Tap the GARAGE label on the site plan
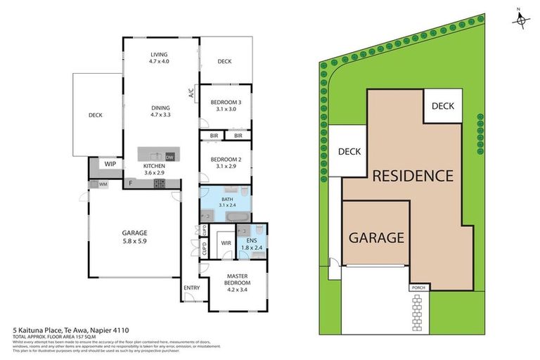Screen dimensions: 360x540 376,237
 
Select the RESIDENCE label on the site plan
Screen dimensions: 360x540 412,176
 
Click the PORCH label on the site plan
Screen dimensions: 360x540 418,288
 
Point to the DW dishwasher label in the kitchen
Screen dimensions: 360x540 169,156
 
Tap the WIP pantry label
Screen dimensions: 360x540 110,163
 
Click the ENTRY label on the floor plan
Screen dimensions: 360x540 192,288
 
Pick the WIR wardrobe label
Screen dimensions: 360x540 226,244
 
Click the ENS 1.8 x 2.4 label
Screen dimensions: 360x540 251,244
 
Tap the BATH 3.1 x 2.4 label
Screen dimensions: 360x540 226,203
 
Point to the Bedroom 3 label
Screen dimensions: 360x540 226,105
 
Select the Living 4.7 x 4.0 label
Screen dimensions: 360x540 160,58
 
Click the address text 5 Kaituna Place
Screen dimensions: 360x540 70,329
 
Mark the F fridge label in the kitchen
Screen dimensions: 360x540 130,184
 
